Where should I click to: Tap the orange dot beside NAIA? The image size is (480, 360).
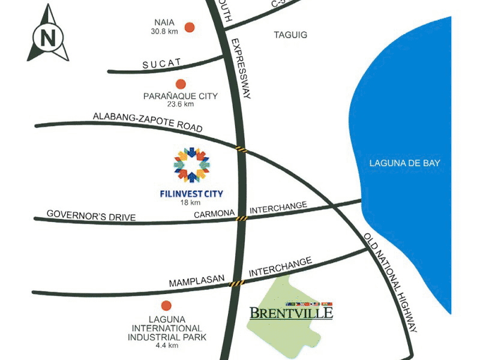190,27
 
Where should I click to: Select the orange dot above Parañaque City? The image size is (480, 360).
180,84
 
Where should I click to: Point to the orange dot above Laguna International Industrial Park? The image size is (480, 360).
166,305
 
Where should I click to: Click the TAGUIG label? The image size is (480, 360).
290,35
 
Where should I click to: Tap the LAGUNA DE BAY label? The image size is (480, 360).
405,163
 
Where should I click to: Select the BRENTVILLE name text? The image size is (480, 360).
291,313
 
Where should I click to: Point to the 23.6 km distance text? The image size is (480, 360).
180,104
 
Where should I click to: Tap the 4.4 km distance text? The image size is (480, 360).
166,346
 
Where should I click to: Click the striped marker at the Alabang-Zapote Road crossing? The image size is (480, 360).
241,148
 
